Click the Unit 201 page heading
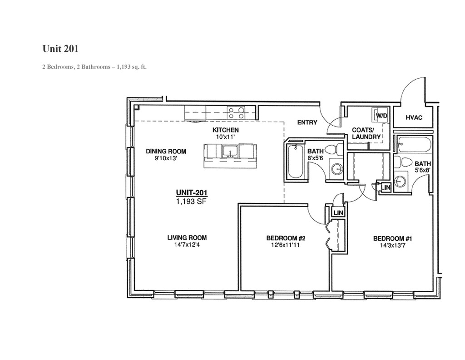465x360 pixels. coord(63,48)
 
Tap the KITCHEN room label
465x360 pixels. coord(226,130)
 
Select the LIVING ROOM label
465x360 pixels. coord(187,237)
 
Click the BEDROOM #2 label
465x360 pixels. coord(285,238)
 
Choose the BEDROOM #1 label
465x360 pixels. coord(392,238)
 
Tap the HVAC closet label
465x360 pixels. coord(414,118)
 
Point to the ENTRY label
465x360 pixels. coord(307,122)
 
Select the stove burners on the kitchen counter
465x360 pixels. coord(236,112)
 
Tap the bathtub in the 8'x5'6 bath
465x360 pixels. coord(295,162)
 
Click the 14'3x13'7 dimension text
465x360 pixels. coord(392,245)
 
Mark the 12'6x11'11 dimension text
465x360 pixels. coord(285,245)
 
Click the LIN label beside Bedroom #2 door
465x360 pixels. coord(338,213)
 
